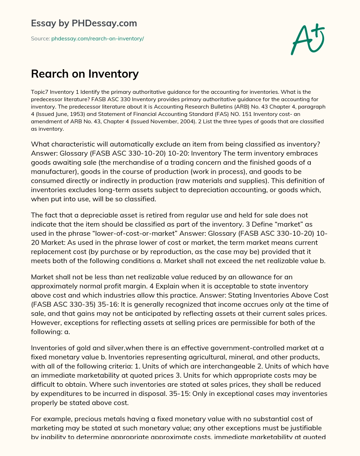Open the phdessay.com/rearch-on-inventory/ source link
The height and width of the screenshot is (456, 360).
pyautogui.click(x=97, y=39)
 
